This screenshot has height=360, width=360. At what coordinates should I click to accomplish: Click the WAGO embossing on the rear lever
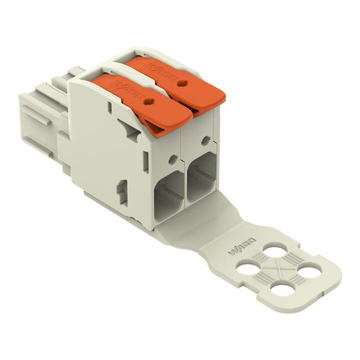click(x=166, y=70)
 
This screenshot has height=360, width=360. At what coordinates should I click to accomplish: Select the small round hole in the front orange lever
click(x=148, y=101)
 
